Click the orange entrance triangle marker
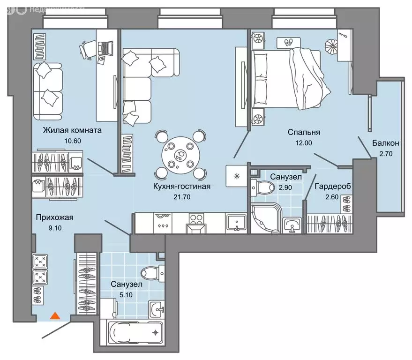point(55,315)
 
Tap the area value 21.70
point(182,197)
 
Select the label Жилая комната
point(72,130)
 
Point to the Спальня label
point(304,132)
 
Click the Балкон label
point(385,143)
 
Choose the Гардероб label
point(333,186)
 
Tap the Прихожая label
point(55,217)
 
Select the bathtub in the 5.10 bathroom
point(135,332)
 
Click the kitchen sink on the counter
point(237,223)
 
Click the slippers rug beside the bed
point(288,42)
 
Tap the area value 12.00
point(304,143)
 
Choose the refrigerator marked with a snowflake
point(237,176)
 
